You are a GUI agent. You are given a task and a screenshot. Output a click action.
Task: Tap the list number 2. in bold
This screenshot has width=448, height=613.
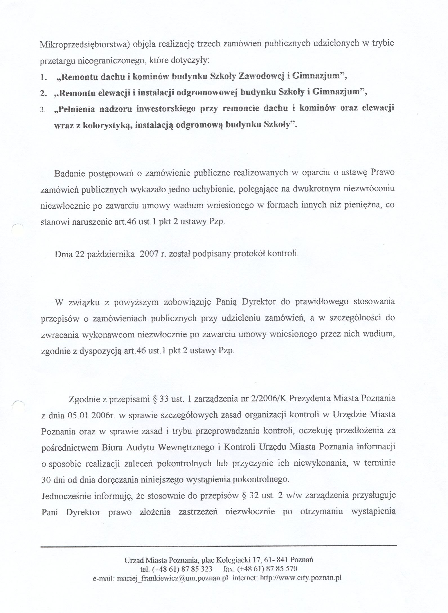(43, 93)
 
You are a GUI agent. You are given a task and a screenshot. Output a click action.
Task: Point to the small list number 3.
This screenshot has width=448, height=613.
(42, 110)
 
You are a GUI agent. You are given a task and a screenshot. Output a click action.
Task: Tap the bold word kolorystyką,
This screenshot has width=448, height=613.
(107, 125)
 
